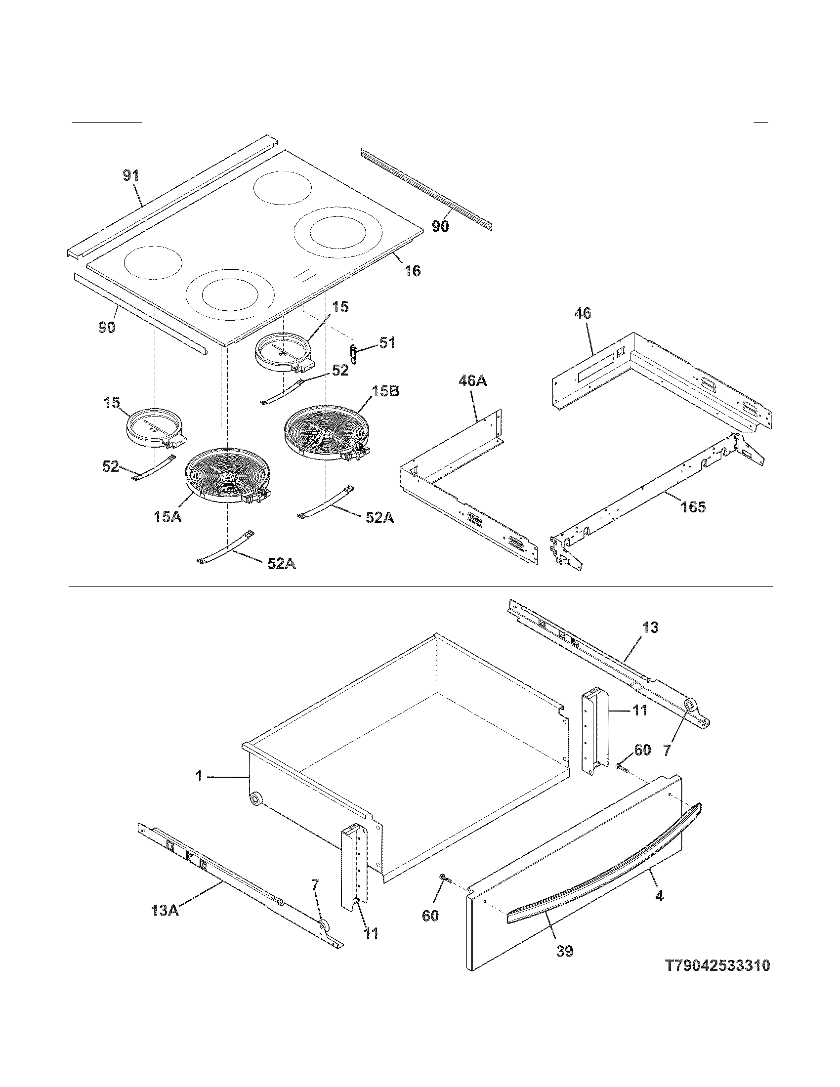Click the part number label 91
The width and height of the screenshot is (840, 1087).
pos(131,176)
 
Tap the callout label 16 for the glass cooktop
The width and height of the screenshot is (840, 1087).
pos(412,271)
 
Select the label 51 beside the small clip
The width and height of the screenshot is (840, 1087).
pos(387,342)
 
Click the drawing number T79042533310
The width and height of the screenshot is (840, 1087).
pos(717,979)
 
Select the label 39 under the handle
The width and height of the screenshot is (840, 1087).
pos(565,951)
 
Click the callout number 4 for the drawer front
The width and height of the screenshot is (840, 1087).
pos(659,895)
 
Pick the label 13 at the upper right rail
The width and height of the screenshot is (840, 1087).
pos(650,627)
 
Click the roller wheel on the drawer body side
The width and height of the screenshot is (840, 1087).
pos(256,799)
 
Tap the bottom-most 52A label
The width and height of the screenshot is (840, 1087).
pos(282,564)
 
